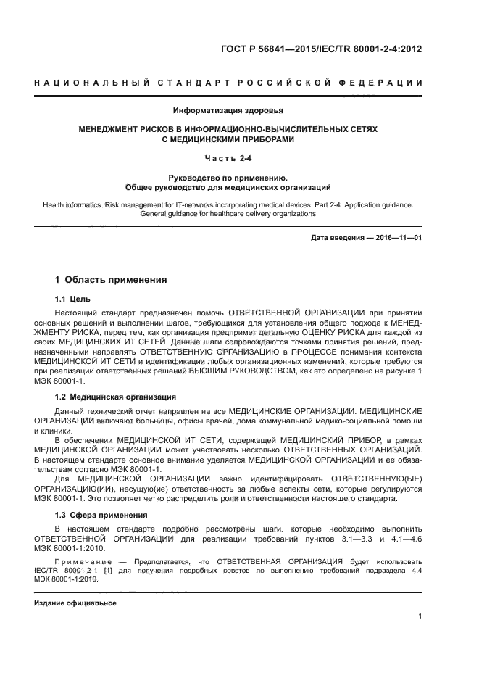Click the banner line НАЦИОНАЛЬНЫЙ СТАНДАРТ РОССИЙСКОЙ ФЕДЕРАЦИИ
(x=228, y=83)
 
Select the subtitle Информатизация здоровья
(x=228, y=111)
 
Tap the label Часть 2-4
(x=228, y=157)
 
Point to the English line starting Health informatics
(x=228, y=205)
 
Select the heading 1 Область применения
(x=111, y=279)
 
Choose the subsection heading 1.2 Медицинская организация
(x=115, y=397)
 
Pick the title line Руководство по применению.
(x=228, y=177)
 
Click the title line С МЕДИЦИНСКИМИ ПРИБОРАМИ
(x=228, y=139)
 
